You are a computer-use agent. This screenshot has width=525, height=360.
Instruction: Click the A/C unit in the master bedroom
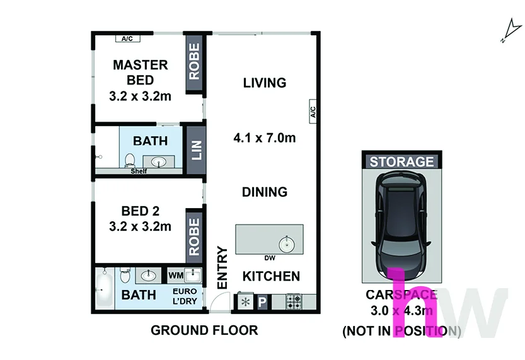(x=127, y=38)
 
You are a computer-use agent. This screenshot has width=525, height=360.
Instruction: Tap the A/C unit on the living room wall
(x=313, y=112)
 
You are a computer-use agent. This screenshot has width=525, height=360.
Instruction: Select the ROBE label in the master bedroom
(x=194, y=62)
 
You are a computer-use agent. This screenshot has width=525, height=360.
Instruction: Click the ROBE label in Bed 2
(x=194, y=237)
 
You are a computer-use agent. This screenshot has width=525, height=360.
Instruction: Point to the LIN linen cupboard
(x=196, y=150)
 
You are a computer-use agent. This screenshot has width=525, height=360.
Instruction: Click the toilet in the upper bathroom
(x=130, y=160)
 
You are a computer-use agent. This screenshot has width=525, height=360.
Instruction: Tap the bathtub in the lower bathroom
(x=105, y=288)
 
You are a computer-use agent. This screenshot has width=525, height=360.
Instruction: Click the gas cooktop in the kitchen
(x=294, y=302)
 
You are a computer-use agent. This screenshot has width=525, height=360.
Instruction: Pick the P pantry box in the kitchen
(x=262, y=302)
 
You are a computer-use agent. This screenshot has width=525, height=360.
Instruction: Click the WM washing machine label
(x=176, y=276)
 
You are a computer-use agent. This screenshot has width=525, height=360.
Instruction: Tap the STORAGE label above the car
(x=401, y=162)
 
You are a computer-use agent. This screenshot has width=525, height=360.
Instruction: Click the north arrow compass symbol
(x=511, y=31)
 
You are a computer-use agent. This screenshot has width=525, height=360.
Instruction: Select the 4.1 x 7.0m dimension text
(x=265, y=137)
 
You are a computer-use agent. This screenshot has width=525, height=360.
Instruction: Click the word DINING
(x=265, y=192)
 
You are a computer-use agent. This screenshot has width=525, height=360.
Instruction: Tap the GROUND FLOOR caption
(x=204, y=330)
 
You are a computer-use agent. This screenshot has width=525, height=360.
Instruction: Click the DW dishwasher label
(x=270, y=258)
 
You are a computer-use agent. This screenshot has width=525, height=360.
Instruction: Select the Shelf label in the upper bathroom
(x=139, y=171)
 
